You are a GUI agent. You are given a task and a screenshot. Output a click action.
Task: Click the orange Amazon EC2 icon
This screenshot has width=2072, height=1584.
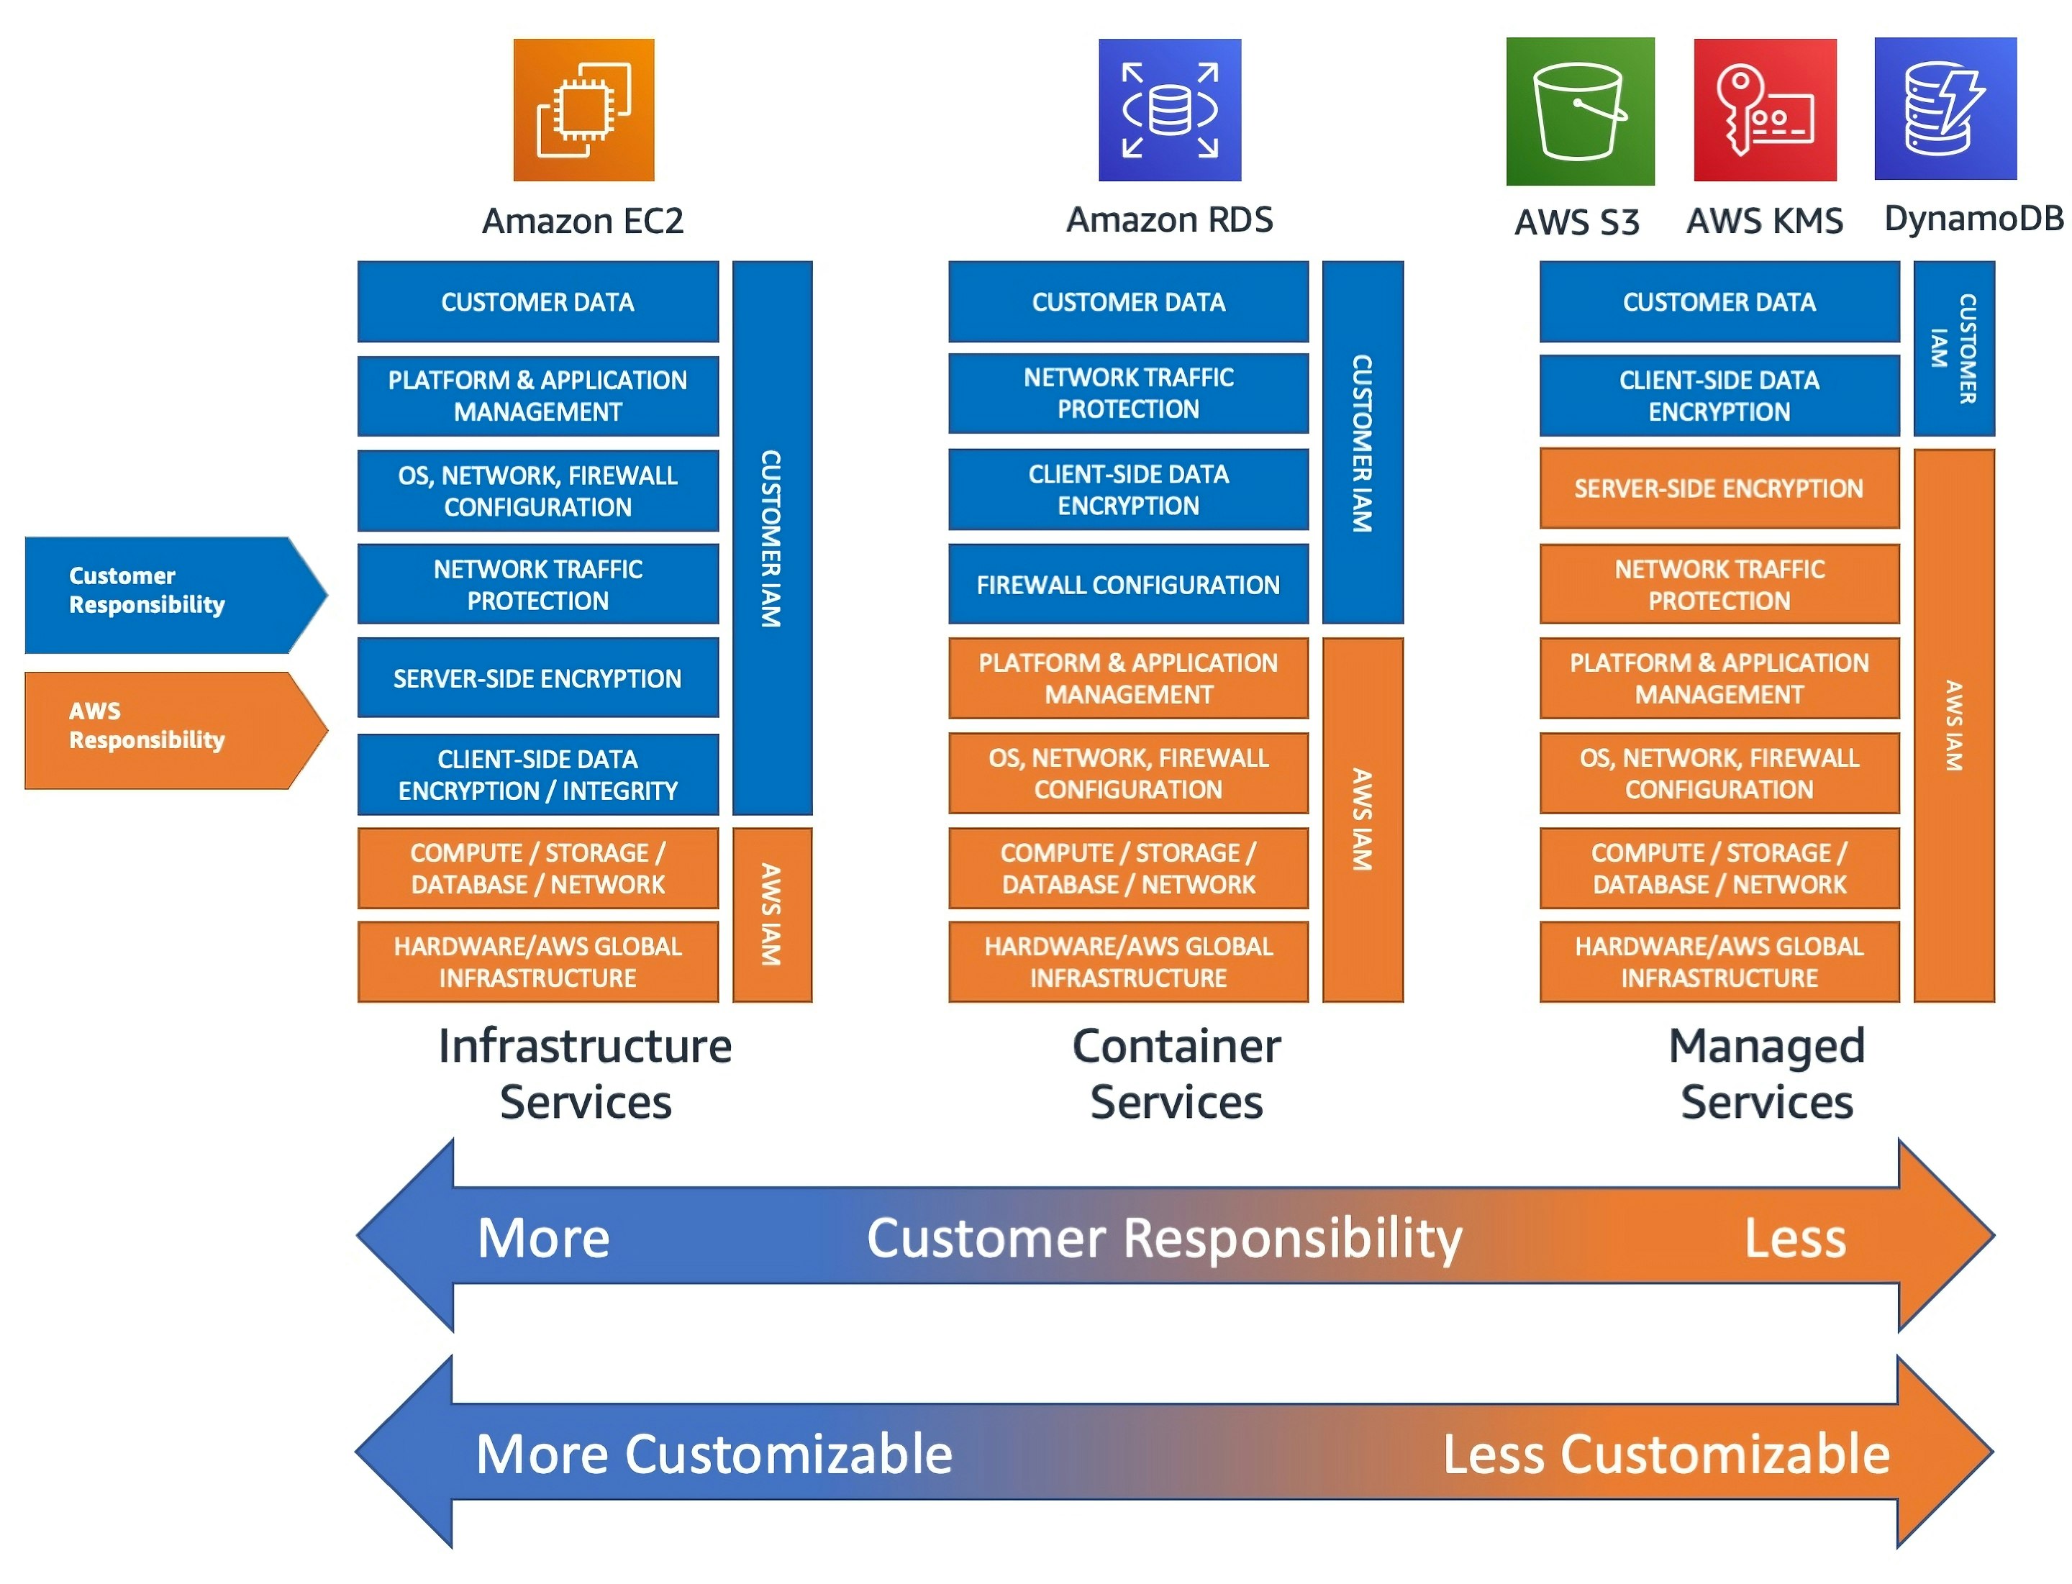coord(583,109)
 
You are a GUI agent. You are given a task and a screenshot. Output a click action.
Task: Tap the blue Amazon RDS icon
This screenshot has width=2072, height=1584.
coord(1168,109)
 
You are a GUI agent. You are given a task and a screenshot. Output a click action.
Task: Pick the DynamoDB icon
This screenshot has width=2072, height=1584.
coord(1944,109)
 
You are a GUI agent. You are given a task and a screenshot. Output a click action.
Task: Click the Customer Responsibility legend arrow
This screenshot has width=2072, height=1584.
coord(165,594)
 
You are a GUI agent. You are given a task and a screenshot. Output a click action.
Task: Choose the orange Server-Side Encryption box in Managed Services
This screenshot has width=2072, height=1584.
coord(1717,488)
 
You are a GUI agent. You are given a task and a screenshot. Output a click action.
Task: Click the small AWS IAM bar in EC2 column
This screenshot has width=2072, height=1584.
coord(771,914)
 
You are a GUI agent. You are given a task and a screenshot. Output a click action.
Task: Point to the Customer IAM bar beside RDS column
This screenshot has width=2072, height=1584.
coord(1361,442)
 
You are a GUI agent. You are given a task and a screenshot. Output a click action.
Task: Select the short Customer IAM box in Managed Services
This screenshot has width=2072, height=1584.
coord(1953,348)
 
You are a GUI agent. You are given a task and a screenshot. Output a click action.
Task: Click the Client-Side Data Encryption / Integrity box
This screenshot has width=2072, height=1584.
coord(537,773)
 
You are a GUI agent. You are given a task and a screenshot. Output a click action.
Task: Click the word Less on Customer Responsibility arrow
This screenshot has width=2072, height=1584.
coord(1793,1237)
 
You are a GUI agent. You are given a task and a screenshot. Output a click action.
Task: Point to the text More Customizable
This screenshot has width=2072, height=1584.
coord(713,1453)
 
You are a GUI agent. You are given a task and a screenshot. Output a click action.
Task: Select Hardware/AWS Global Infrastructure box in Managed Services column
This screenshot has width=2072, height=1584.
coord(1717,961)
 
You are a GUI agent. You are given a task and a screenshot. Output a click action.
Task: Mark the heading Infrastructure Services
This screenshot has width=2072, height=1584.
coord(585,1073)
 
